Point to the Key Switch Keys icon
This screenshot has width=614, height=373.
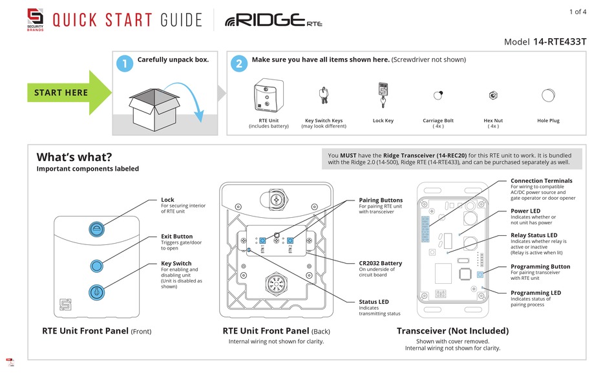[323, 96]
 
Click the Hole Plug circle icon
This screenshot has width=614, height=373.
[548, 96]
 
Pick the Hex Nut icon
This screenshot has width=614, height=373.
[493, 96]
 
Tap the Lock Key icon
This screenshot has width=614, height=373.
[383, 94]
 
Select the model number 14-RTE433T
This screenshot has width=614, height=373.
[560, 41]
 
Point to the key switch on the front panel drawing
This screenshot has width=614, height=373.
[96, 292]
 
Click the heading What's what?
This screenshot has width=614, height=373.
[74, 157]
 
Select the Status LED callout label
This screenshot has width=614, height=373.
[374, 302]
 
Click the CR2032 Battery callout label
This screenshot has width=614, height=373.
[381, 263]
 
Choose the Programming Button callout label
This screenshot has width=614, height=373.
[540, 266]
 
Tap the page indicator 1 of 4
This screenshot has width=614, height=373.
[577, 12]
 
